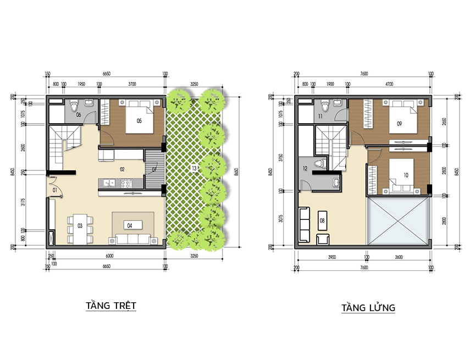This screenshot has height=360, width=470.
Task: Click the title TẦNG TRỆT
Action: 110,305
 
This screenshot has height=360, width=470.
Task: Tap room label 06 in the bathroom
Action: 79,115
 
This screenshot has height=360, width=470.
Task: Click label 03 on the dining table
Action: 80,225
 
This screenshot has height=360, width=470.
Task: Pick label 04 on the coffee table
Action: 130,225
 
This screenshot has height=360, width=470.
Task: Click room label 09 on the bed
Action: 399,124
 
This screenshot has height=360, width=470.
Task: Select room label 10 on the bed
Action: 406,175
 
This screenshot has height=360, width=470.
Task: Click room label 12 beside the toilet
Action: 305,169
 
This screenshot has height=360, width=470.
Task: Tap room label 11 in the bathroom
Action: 320,117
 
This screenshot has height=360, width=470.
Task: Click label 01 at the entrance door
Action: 56,190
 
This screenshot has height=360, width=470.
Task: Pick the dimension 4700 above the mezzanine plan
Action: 389,84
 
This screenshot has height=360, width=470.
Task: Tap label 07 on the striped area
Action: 154,169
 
